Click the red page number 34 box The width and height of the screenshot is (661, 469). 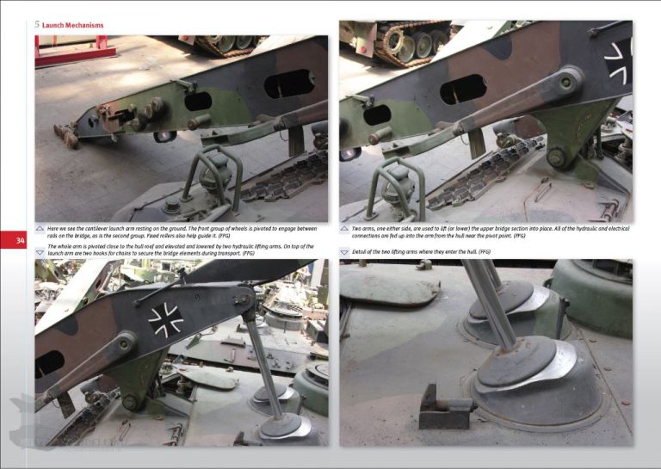pyautogui.click(x=20, y=241)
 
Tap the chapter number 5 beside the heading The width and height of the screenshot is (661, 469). pyautogui.click(x=37, y=25)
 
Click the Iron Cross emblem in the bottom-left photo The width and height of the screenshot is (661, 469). pyautogui.click(x=165, y=319)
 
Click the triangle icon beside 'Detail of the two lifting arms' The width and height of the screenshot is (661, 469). pyautogui.click(x=344, y=252)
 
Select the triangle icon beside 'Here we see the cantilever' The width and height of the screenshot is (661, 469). pyautogui.click(x=40, y=230)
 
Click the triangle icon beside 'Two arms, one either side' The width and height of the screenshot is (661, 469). pyautogui.click(x=344, y=230)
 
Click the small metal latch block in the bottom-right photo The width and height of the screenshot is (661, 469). pyautogui.click(x=442, y=407)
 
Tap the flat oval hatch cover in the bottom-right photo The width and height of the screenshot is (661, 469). pyautogui.click(x=389, y=285)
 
